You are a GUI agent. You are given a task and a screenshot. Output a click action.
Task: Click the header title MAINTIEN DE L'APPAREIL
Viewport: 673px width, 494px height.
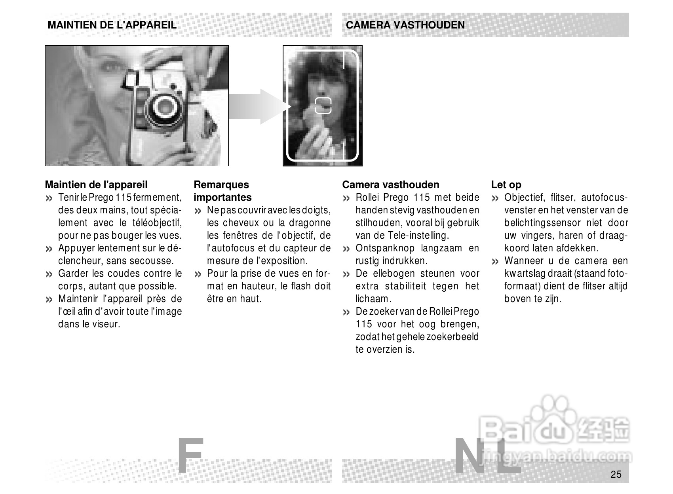pos(112,25)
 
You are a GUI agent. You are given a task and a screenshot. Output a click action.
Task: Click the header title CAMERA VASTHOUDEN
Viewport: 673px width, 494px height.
pos(405,25)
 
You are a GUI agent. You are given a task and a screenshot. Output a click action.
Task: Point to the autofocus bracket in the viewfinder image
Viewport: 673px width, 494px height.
pos(323,105)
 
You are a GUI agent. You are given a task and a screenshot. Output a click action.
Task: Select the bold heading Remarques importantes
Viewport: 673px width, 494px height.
pos(222,191)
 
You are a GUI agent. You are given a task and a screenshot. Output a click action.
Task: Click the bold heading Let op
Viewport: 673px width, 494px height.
pos(506,184)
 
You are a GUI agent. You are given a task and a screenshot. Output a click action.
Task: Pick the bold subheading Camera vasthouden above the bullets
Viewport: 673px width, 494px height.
pos(390,184)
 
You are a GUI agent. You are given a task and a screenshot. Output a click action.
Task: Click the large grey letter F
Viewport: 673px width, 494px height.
pos(190,456)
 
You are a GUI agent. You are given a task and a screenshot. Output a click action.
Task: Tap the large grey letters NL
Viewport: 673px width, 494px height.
pos(487,456)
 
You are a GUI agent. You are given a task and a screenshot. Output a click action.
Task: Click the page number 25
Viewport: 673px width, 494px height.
pos(616,474)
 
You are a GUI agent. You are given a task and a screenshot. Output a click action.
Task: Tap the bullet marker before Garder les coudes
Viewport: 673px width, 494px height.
pos(49,274)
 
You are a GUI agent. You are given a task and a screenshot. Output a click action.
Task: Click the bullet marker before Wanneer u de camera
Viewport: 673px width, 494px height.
pos(495,262)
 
